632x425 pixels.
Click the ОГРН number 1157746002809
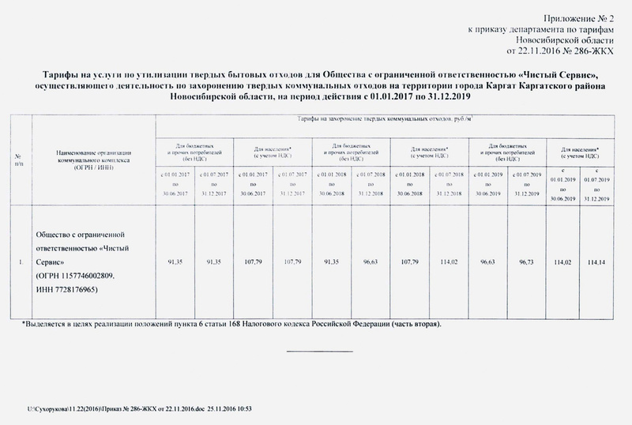81,275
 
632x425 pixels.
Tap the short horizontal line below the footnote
318,351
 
